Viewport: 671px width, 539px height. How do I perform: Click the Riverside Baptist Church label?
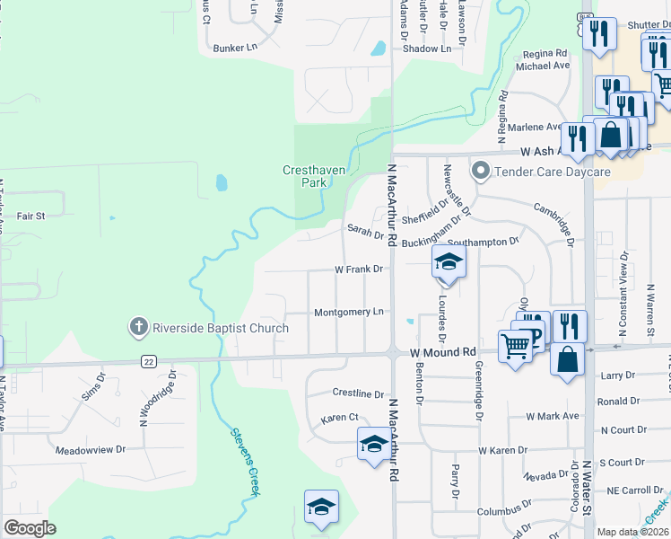221,328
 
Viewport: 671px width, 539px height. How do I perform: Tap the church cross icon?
139,327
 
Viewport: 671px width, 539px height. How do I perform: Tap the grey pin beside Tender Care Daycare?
480,171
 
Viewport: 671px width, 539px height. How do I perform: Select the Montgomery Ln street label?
349,312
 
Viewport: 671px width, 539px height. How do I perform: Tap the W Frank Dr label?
359,269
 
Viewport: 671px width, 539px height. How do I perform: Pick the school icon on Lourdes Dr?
448,263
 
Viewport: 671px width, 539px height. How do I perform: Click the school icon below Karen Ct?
374,443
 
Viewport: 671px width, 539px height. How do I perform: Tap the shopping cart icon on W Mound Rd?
516,346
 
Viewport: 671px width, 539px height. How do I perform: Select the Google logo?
30,528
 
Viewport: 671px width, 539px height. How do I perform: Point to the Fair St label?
30,216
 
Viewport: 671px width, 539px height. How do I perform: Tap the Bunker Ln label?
235,47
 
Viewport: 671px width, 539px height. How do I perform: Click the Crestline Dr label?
358,393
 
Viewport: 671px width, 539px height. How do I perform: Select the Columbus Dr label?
500,511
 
